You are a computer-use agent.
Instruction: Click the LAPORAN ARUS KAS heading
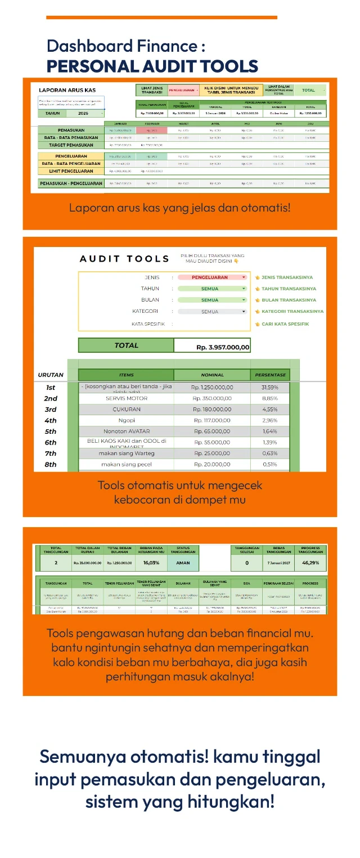[67, 90]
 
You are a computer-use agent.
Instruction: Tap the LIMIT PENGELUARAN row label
[71, 171]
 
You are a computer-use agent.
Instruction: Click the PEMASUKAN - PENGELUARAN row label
[71, 183]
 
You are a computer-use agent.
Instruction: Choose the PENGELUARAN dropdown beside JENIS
[212, 277]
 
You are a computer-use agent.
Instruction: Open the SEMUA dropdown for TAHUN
[212, 289]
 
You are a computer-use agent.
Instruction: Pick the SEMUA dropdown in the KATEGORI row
[212, 311]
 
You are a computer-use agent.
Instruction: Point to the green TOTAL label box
[126, 345]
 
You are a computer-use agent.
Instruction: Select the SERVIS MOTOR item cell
[126, 398]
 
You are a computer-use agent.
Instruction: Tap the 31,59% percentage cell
[270, 388]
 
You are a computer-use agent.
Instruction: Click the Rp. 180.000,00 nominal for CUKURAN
[212, 410]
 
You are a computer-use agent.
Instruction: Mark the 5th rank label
[51, 432]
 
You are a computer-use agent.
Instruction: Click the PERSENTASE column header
[270, 375]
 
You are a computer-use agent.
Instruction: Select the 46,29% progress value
[310, 562]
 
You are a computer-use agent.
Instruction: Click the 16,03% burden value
[150, 562]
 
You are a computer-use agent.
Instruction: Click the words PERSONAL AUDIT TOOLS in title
[152, 66]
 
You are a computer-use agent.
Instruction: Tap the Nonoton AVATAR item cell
[126, 432]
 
